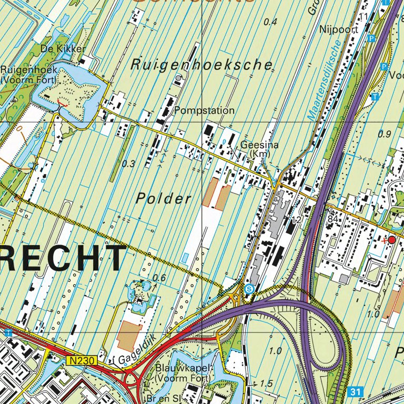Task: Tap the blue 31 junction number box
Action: (356, 391)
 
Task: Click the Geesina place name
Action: (259, 145)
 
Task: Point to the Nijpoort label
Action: (339, 30)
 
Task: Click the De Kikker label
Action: (63, 49)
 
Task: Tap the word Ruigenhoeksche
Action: (202, 65)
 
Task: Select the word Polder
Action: (164, 199)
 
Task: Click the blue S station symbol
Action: (249, 289)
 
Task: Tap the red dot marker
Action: (391, 240)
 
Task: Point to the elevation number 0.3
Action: (128, 164)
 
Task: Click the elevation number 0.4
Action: (270, 22)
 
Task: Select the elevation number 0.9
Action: (385, 134)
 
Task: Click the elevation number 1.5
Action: (266, 383)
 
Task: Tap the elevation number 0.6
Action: (159, 278)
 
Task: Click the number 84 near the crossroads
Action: (332, 218)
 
